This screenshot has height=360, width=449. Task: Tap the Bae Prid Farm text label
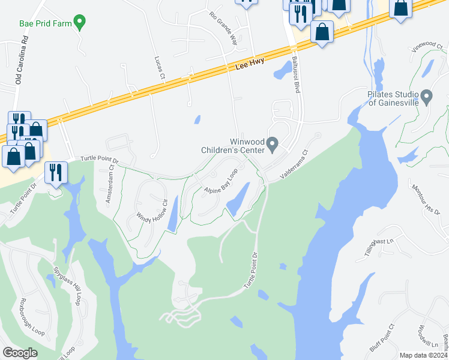click(x=45, y=24)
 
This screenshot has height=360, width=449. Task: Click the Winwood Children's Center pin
click(x=273, y=144)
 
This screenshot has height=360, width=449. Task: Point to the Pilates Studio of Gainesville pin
click(x=427, y=96)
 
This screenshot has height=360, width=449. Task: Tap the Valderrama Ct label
click(x=293, y=163)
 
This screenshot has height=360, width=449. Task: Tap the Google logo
click(x=20, y=352)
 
